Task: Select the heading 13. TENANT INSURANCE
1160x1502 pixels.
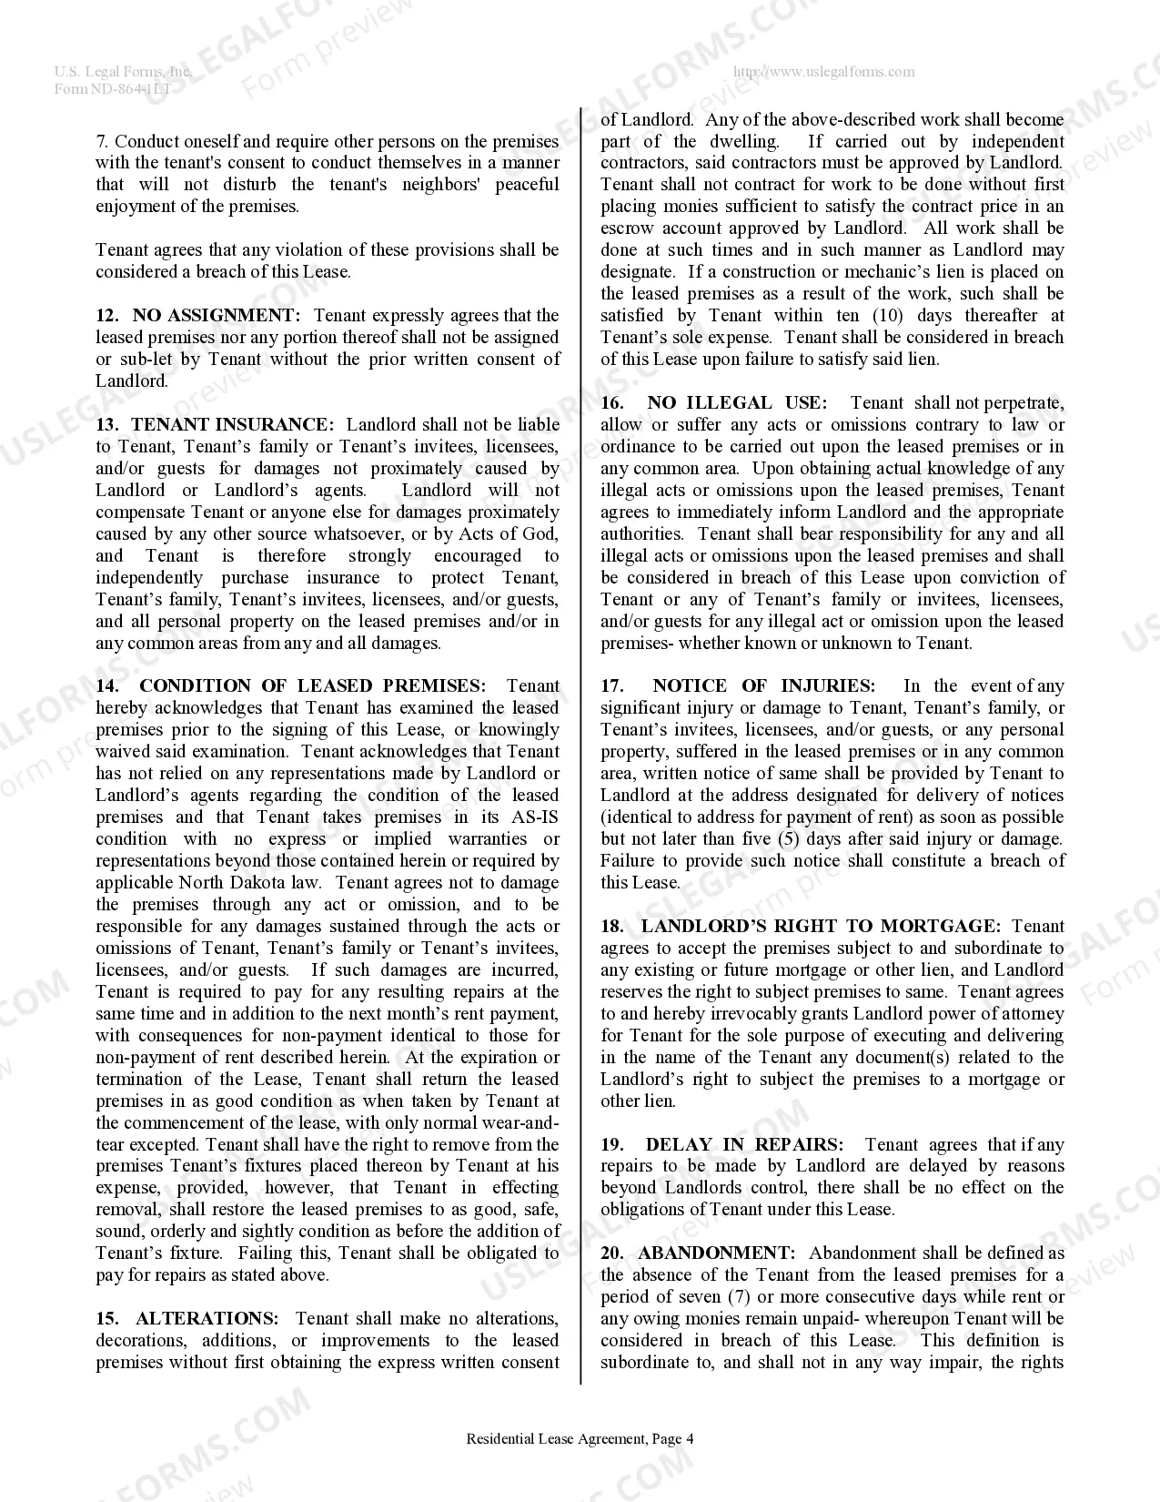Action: [x=216, y=425]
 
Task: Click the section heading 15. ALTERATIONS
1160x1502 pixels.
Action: [x=187, y=1319]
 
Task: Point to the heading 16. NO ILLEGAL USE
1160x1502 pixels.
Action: [x=713, y=403]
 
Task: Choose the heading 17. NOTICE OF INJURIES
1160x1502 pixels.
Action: [x=737, y=686]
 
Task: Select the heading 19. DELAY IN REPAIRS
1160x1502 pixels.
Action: [x=721, y=1145]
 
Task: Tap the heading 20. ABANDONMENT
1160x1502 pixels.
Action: [x=698, y=1253]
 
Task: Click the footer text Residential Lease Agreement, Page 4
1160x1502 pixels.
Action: [x=580, y=1439]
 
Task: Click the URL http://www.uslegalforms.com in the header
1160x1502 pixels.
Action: [x=823, y=72]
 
